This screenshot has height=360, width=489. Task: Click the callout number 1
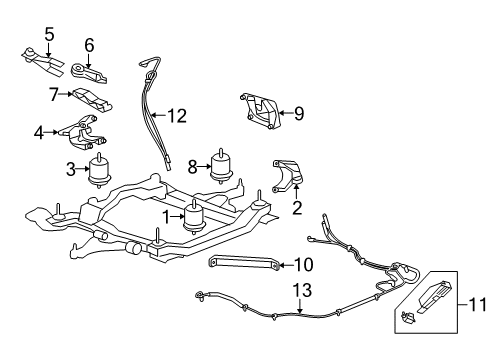tap(167, 215)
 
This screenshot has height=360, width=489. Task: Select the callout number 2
tap(296, 209)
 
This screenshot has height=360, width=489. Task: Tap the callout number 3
tap(71, 170)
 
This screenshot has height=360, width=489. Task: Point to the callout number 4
tap(38, 131)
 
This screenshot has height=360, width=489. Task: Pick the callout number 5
tap(49, 32)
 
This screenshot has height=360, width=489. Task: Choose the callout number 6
tap(89, 44)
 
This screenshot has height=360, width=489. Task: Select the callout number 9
tap(299, 113)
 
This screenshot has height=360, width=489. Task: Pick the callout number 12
tap(177, 116)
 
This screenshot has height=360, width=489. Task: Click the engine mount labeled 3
tap(100, 170)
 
